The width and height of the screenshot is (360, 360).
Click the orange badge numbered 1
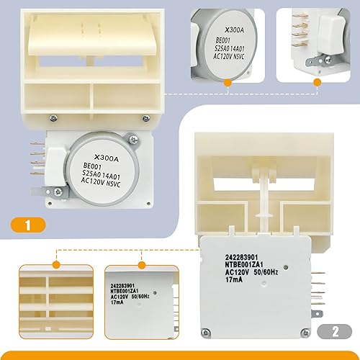(27, 226)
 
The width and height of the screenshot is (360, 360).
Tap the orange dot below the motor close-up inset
(228, 83)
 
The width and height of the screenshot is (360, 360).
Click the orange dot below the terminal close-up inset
(318, 83)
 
